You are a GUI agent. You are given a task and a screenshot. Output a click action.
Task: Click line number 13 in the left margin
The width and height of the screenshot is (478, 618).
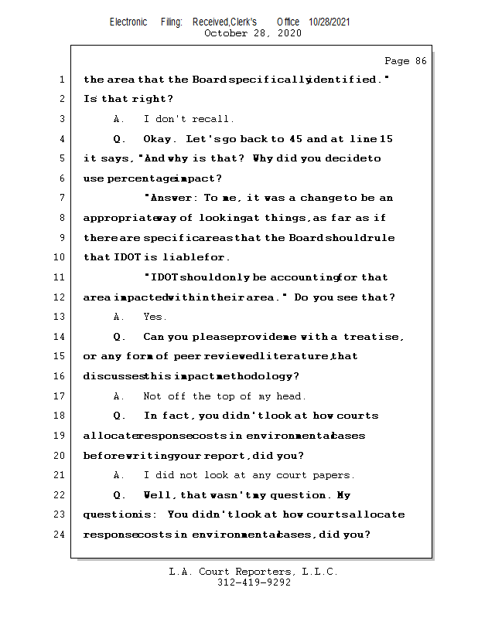point(61,317)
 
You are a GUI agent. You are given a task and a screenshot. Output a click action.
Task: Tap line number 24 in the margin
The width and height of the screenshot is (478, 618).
point(61,534)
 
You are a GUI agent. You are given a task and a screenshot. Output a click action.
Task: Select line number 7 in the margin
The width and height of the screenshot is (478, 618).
point(61,199)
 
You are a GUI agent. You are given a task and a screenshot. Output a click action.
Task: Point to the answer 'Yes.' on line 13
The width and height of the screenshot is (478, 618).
point(155,317)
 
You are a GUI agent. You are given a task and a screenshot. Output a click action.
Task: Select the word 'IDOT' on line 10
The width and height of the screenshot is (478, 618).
point(127,257)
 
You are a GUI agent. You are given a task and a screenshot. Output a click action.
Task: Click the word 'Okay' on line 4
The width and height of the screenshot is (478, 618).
point(160,139)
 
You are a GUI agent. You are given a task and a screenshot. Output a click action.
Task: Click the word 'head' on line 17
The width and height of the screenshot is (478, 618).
point(291,396)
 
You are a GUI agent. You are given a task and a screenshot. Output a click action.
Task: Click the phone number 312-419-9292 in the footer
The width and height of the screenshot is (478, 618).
point(254,582)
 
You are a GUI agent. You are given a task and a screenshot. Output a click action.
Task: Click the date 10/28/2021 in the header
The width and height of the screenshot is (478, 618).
point(329,22)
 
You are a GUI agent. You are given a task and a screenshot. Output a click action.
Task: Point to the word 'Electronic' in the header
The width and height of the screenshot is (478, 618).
point(128,22)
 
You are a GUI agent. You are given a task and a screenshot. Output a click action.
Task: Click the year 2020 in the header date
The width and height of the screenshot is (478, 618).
point(288,33)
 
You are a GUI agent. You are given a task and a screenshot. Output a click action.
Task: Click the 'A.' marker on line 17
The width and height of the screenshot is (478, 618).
point(118,396)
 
